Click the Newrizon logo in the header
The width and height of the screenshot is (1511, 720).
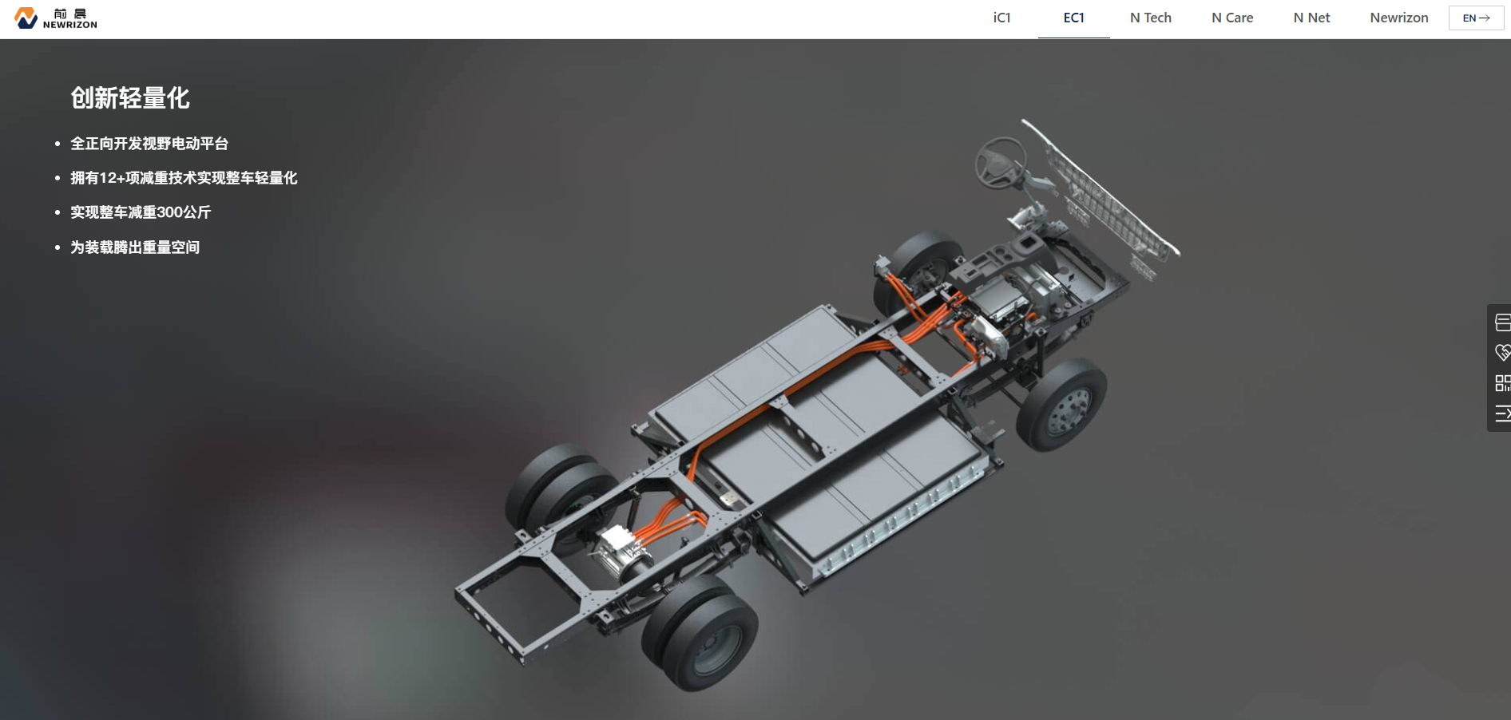pyautogui.click(x=56, y=18)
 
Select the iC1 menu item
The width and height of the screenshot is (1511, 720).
pyautogui.click(x=1001, y=18)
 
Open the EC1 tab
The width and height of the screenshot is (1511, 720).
pyautogui.click(x=1073, y=18)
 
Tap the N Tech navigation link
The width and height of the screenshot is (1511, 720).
pyautogui.click(x=1150, y=18)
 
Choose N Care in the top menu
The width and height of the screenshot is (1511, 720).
pyautogui.click(x=1232, y=18)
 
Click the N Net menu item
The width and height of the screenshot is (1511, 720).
pyautogui.click(x=1311, y=18)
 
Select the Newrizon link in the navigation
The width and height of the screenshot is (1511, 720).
pyautogui.click(x=1398, y=18)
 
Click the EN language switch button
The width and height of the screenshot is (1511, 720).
pyautogui.click(x=1476, y=18)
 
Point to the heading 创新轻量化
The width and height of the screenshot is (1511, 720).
pyautogui.click(x=130, y=98)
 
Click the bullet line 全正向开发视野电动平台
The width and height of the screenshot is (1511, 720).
pyautogui.click(x=149, y=144)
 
